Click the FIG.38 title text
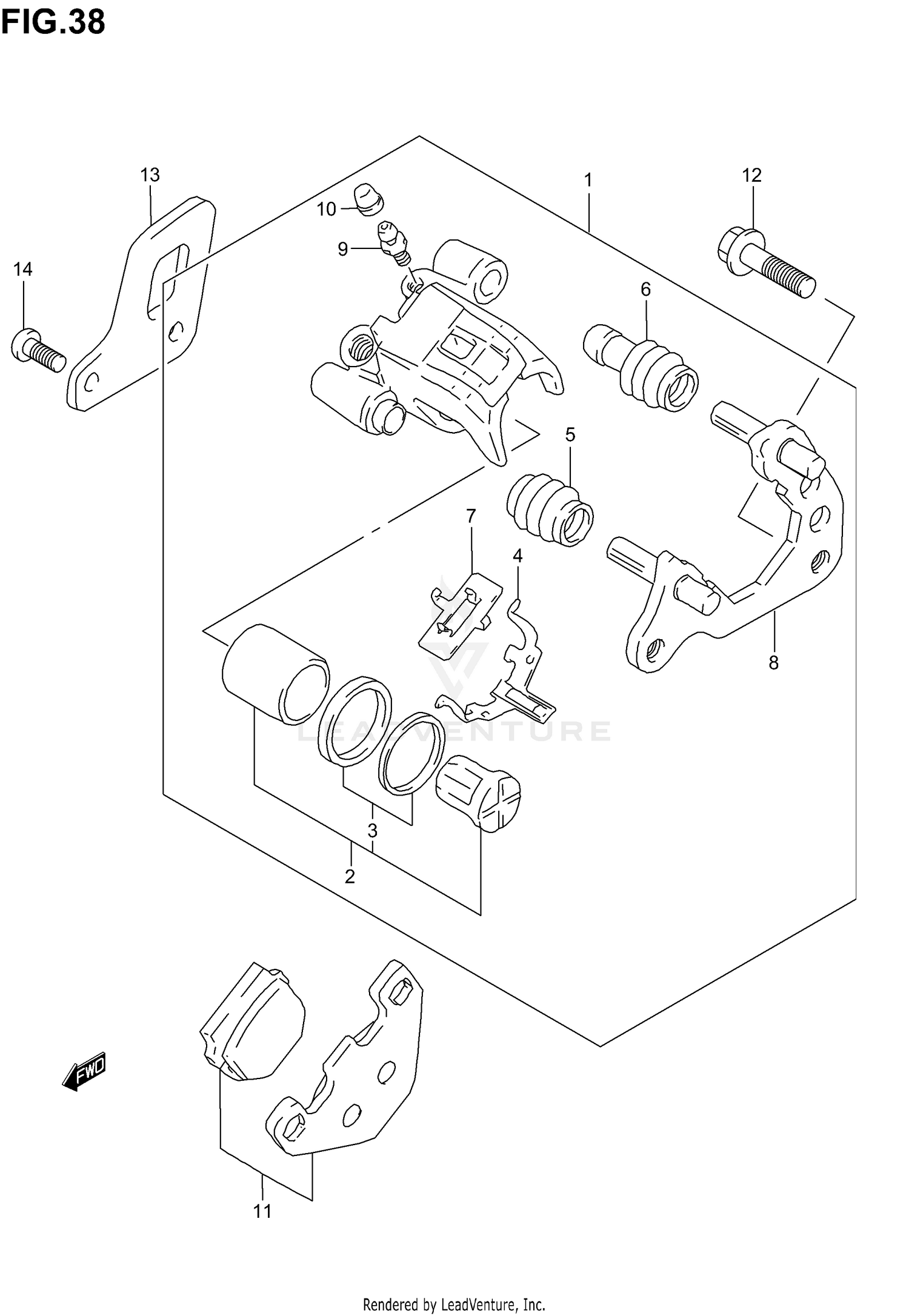click(x=53, y=22)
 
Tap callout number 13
click(x=150, y=175)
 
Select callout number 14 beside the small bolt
click(x=23, y=269)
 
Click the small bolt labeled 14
click(x=38, y=350)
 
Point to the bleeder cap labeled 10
click(x=368, y=199)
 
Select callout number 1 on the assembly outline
click(x=587, y=180)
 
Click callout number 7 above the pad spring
click(x=471, y=516)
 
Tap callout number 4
click(x=517, y=556)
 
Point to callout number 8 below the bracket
click(x=773, y=663)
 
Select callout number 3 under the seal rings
click(x=372, y=830)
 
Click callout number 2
click(x=350, y=876)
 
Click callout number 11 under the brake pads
click(x=262, y=1211)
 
